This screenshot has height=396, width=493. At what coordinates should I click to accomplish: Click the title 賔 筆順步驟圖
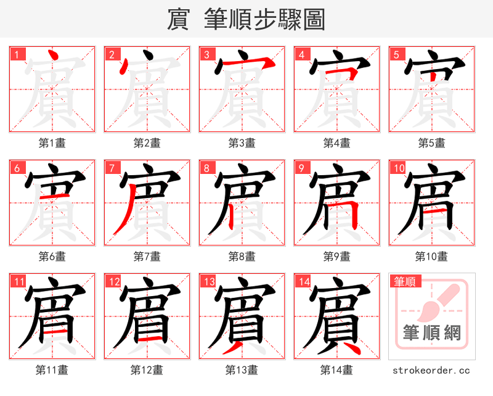click(246, 20)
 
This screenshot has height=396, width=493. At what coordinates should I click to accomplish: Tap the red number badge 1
click(17, 54)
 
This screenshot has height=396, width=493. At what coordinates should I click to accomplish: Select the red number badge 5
click(396, 54)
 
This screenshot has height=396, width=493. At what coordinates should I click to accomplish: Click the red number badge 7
click(112, 168)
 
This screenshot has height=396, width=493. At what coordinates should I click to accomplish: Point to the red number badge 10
click(398, 168)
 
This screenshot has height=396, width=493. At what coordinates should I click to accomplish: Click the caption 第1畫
click(52, 143)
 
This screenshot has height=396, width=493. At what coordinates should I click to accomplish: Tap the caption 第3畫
click(242, 143)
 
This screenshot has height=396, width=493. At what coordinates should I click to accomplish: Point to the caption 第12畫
click(147, 370)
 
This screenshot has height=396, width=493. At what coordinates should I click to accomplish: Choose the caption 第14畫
click(337, 370)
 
